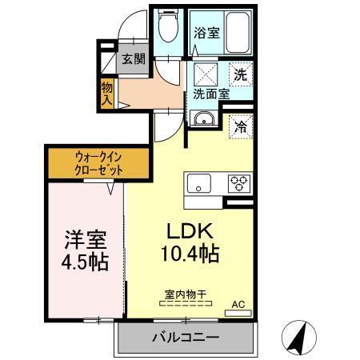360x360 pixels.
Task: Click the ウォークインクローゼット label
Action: pos(98,163)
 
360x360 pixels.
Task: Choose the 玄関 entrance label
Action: pos(133,59)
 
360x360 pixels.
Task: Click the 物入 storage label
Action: pos(107,93)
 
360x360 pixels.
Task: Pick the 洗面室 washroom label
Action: pos(210,94)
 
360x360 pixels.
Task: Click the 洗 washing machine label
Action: pos(241,75)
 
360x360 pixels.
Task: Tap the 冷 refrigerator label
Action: pos(240,125)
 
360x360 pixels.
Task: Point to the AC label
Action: pos(238,304)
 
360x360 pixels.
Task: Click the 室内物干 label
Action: pos(186,294)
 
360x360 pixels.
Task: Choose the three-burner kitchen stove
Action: pos(238,182)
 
